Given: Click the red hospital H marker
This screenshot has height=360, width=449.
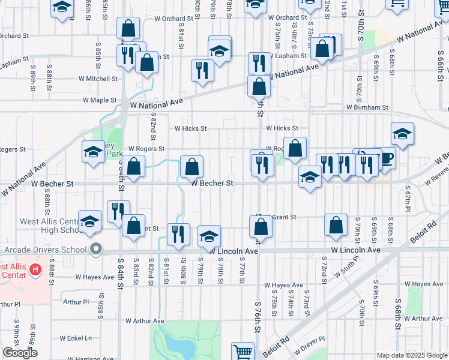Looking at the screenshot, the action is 35,269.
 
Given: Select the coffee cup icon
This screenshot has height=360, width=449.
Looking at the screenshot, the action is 387,158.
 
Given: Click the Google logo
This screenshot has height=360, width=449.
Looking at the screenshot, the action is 20,353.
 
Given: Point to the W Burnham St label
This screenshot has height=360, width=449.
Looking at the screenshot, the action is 367,107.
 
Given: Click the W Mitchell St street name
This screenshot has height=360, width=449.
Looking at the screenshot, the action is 99,79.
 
